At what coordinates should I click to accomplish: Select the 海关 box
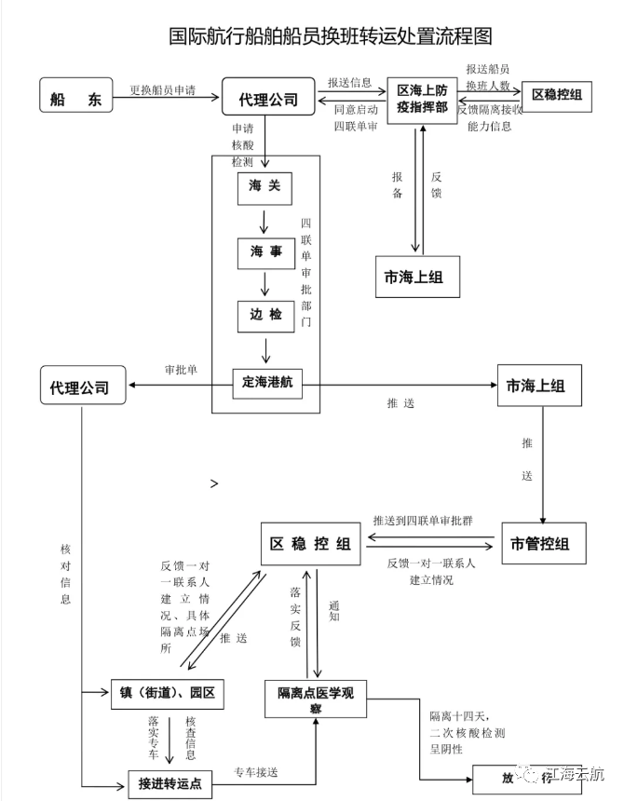(x=265, y=188)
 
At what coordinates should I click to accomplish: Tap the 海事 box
(x=265, y=253)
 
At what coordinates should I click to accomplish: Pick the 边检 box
(x=265, y=315)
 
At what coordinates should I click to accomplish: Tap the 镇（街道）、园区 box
(x=169, y=694)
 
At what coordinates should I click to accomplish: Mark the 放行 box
(x=507, y=777)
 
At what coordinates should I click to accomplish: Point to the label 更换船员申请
(x=162, y=91)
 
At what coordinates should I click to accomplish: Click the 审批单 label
(x=181, y=369)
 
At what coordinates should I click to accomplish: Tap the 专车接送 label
(x=256, y=773)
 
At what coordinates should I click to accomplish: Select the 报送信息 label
(x=350, y=82)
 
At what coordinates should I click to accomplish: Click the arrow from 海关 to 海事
(x=265, y=222)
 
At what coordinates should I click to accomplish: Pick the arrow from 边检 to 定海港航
(x=267, y=349)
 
